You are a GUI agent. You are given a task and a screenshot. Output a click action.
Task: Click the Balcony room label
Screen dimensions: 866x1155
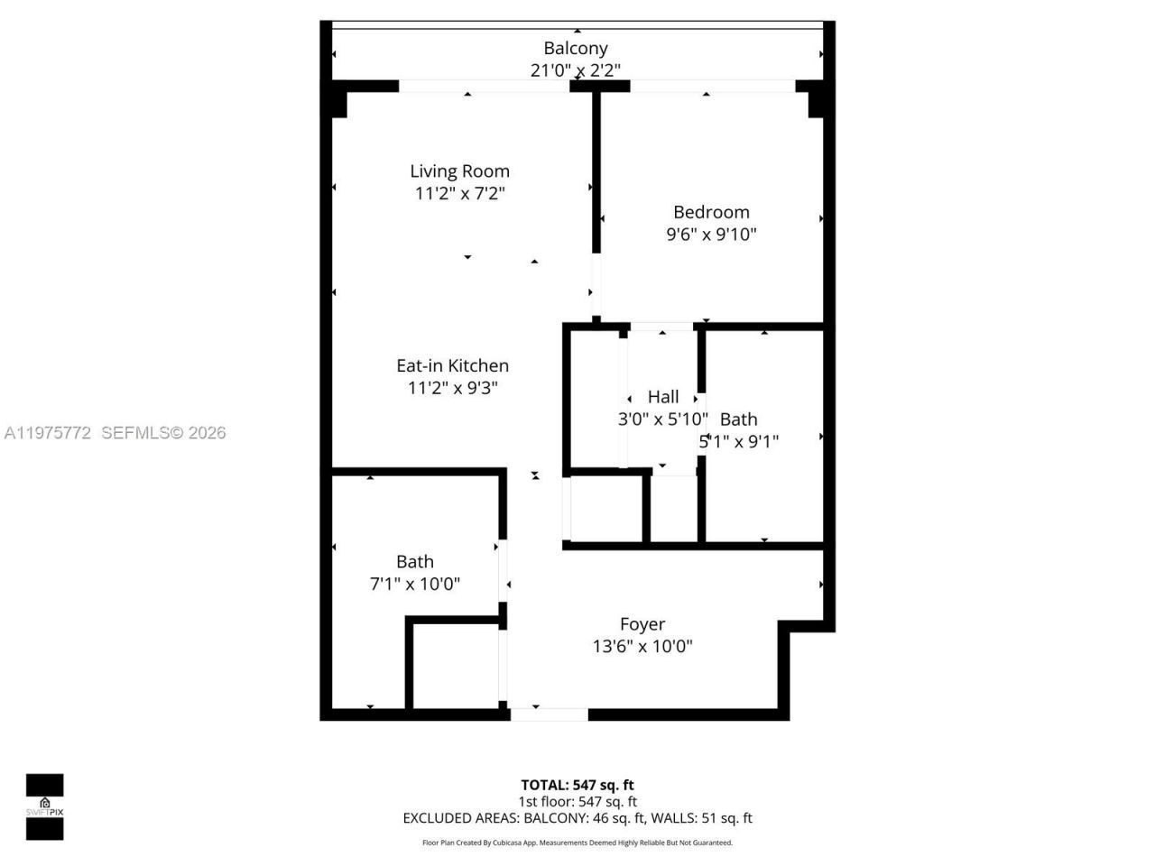[575, 49]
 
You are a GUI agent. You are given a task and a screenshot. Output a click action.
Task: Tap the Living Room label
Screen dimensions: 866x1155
[459, 171]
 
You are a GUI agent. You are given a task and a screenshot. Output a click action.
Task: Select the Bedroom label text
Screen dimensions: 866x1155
[711, 212]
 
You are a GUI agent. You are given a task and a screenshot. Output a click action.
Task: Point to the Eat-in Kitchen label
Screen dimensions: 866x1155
[452, 365]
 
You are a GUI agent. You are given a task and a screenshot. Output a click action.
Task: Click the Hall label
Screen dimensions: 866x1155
[663, 397]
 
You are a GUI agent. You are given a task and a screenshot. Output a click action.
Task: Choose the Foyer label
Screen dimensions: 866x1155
[642, 624]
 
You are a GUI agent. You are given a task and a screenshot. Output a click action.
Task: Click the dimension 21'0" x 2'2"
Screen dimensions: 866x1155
[575, 70]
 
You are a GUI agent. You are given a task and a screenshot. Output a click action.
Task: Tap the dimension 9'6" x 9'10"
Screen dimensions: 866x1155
[711, 235]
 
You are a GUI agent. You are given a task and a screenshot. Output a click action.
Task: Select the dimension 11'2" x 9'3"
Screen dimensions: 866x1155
[452, 388]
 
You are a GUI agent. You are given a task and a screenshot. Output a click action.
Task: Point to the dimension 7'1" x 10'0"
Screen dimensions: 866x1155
[415, 584]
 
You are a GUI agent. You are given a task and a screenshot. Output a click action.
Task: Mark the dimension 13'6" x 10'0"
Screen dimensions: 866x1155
[642, 646]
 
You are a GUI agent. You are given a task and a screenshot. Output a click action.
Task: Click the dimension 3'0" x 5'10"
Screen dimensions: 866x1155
[663, 419]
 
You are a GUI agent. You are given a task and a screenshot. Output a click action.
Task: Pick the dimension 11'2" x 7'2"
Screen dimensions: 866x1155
[459, 193]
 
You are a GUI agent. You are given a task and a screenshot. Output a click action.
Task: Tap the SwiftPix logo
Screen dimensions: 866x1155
[44, 806]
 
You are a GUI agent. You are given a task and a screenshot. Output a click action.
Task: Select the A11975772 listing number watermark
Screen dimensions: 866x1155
[48, 433]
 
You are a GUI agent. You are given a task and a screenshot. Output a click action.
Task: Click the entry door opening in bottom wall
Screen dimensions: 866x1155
[549, 714]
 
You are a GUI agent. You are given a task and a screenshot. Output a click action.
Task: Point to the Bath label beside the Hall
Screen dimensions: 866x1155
[738, 419]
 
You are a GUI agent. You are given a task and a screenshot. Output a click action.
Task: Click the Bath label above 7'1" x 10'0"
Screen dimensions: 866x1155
[415, 562]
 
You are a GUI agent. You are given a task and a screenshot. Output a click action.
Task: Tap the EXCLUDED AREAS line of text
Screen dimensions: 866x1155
[577, 818]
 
